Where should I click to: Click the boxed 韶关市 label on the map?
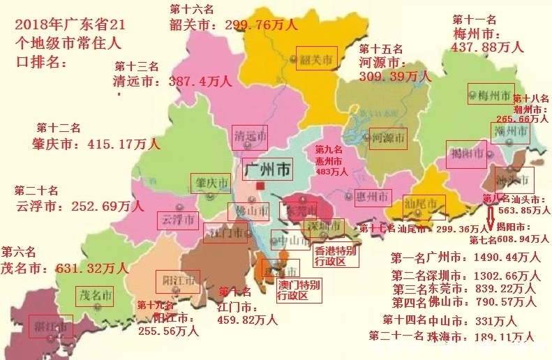[x=317, y=58]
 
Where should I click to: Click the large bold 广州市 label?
[x=269, y=169]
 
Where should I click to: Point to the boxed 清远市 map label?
[x=250, y=135]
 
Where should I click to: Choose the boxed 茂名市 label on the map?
[x=96, y=295]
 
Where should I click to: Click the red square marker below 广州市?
[x=261, y=186]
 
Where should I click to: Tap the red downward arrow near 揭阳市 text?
[x=490, y=213]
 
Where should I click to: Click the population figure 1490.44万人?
[x=501, y=257]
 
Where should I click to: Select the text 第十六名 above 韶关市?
[x=193, y=8]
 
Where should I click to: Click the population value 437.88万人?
[x=488, y=47]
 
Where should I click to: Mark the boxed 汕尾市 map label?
[x=424, y=204]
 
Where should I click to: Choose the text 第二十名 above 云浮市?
[x=37, y=190]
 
